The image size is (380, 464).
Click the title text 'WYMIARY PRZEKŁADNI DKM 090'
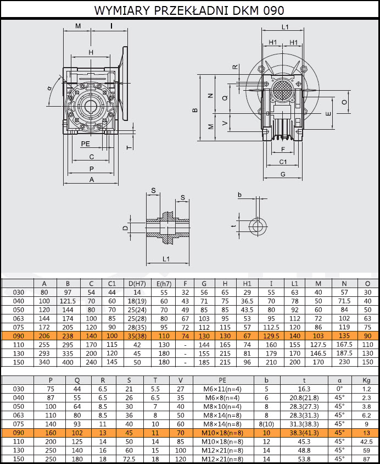tap(189, 10)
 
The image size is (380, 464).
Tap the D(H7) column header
tap(137, 284)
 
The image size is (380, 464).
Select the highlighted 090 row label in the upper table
tap(18, 336)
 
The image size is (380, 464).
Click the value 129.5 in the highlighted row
tap(271, 336)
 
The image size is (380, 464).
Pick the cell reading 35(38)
tap(137, 336)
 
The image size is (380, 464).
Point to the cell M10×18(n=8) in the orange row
tap(223, 433)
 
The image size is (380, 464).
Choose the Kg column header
tap(366, 380)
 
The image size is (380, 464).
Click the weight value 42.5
tap(366, 441)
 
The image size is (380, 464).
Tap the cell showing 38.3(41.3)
tap(304, 433)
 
